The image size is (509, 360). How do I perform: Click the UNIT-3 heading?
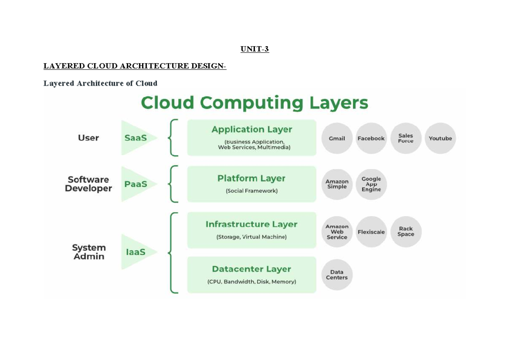[x=255, y=49]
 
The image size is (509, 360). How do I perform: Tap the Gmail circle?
[x=337, y=138]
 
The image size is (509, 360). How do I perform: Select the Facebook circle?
[x=371, y=138]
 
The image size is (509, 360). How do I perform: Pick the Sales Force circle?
[x=406, y=138]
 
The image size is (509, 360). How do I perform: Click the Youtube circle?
[x=440, y=138]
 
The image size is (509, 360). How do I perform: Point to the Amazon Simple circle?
[x=337, y=184]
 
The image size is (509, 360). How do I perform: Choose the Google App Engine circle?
[x=371, y=184]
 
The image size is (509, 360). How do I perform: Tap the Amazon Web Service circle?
[x=337, y=232]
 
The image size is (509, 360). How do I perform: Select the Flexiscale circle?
[x=371, y=232]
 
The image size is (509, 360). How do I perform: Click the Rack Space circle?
[x=406, y=232]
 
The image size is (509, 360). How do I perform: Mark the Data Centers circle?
[x=337, y=275]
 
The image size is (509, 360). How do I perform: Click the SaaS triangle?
[x=136, y=138]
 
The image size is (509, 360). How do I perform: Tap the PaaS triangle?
[x=136, y=184]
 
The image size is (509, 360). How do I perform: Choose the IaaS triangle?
[x=136, y=252]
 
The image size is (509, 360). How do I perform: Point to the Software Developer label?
[x=88, y=184]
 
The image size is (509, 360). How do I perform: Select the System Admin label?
[x=89, y=252]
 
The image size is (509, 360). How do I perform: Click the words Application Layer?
[x=252, y=129]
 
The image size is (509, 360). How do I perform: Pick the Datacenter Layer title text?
[x=252, y=269]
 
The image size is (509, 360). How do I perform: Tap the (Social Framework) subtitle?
[x=252, y=191]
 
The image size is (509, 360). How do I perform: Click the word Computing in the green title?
[x=252, y=103]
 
